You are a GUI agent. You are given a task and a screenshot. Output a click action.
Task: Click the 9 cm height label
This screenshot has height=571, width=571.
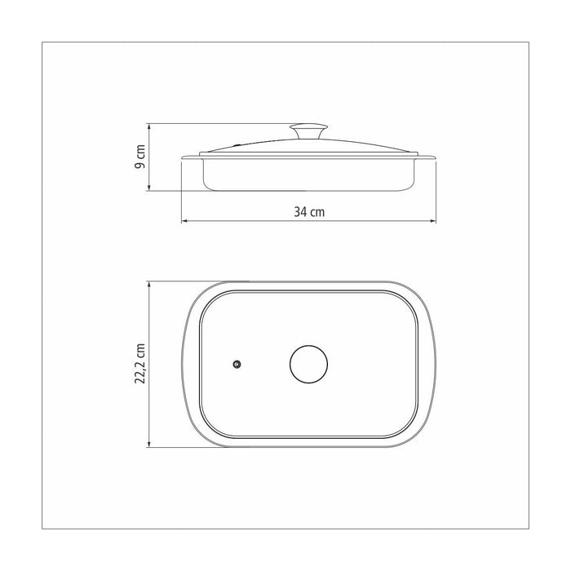(x=140, y=157)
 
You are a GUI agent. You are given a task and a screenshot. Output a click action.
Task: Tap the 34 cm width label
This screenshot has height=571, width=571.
(x=309, y=212)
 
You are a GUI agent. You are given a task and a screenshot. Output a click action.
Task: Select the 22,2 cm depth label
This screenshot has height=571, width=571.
(x=140, y=364)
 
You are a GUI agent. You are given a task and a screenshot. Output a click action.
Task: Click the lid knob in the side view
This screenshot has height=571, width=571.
(x=309, y=131)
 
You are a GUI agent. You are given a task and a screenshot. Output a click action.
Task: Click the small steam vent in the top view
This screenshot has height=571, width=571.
(x=237, y=364)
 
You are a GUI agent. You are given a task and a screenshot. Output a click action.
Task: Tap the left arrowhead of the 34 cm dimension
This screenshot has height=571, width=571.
(x=184, y=221)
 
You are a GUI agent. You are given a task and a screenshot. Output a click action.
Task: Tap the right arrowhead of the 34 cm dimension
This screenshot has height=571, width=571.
(x=433, y=221)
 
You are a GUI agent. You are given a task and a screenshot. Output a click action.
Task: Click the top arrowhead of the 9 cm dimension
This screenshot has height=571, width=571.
(x=148, y=126)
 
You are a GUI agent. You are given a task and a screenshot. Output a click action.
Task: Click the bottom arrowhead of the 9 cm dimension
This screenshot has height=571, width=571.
(x=148, y=188)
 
